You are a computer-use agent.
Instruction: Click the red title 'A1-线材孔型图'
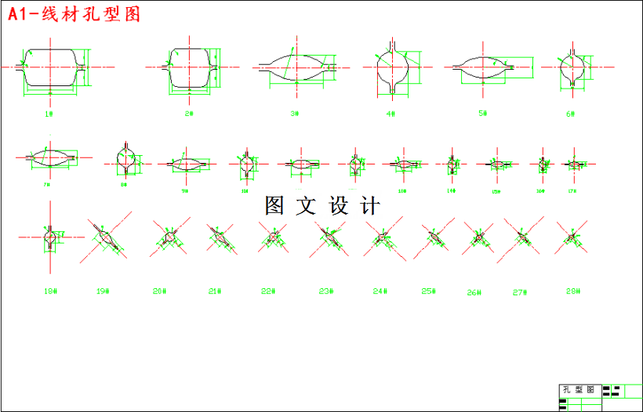click(x=74, y=15)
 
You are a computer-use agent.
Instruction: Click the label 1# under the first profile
click(x=49, y=114)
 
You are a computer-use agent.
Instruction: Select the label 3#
click(x=295, y=114)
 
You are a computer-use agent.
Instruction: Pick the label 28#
click(x=572, y=291)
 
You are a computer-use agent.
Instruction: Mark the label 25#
click(x=428, y=291)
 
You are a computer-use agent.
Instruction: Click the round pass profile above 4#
click(x=392, y=67)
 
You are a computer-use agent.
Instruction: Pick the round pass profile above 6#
click(x=571, y=67)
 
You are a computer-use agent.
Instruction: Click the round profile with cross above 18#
click(x=51, y=236)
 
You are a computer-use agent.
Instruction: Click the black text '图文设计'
click(x=322, y=206)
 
